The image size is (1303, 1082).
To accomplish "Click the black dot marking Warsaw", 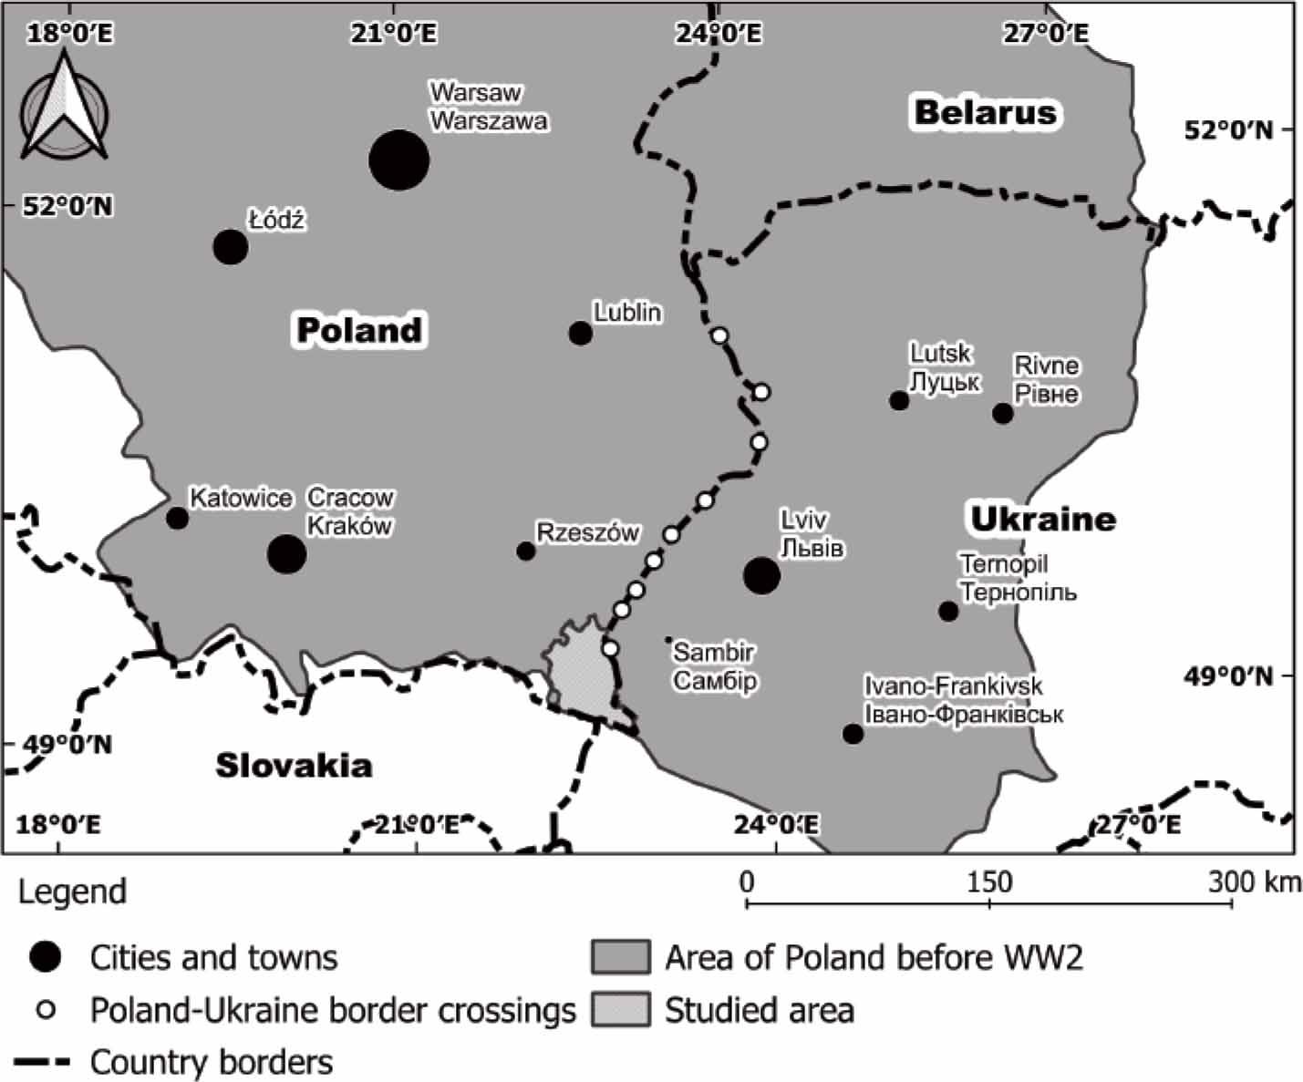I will pos(398,160).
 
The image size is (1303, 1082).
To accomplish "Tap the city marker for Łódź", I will pos(231,247).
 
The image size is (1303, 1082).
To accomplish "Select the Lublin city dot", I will pos(580,334).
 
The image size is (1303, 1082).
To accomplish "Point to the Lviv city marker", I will pos(761,575).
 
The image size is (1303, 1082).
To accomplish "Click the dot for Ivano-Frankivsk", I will pos(853,734).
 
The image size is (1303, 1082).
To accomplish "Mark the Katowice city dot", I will pos(178,518).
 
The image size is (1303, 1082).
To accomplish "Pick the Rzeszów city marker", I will pos(526,551).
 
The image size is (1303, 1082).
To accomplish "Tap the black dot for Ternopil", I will pos(948,611).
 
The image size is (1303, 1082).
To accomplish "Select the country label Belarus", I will pos(986,113).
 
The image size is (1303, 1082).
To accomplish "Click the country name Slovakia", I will pos(294,766).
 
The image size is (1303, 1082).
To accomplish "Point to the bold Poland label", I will pos(360,330).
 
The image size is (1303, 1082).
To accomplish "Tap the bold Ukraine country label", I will pos(1042,519).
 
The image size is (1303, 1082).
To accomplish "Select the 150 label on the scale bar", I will pos(989,881).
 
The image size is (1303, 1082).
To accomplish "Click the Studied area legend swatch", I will pos(620,1010).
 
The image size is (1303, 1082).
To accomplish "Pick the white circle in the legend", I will pos(46,1010).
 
